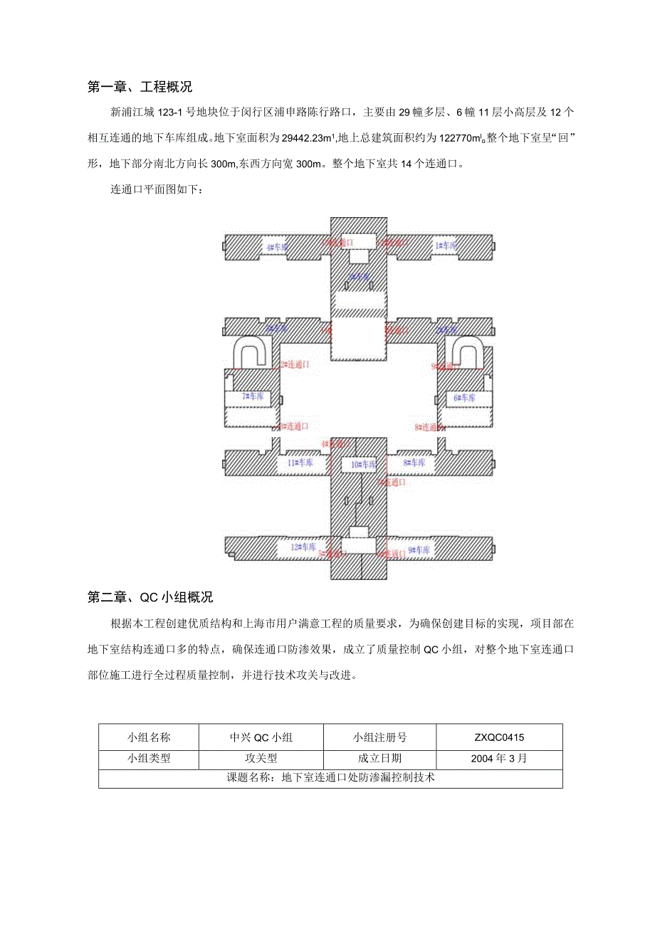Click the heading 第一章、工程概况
pyautogui.click(x=140, y=88)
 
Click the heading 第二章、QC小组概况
pyautogui.click(x=150, y=597)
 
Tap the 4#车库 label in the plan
pyautogui.click(x=278, y=247)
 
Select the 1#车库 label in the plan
pyautogui.click(x=446, y=246)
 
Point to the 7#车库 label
pyautogui.click(x=253, y=396)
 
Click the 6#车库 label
pyautogui.click(x=465, y=398)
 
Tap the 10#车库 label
pyautogui.click(x=362, y=464)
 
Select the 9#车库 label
pyautogui.click(x=419, y=549)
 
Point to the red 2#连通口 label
pyautogui.click(x=294, y=364)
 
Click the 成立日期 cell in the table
pyautogui.click(x=379, y=758)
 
